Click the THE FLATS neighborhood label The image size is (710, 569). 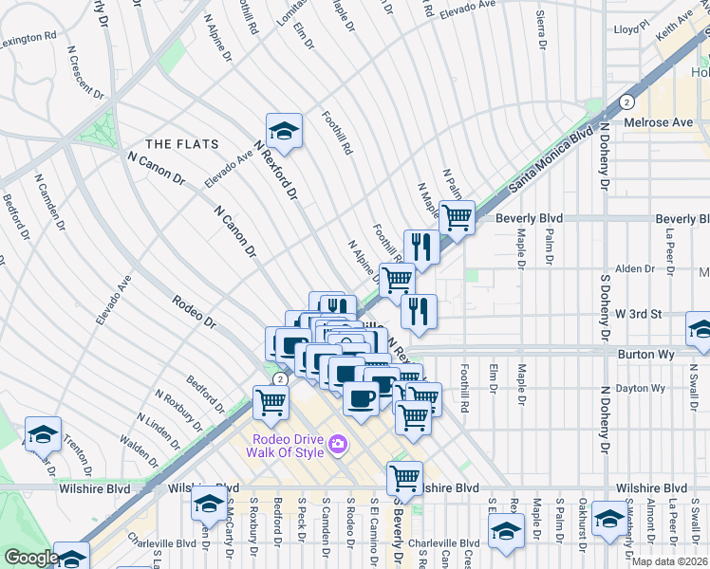click(x=181, y=144)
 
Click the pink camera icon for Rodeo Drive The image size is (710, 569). click(x=337, y=443)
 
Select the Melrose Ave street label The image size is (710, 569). click(x=658, y=122)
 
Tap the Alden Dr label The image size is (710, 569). click(x=629, y=269)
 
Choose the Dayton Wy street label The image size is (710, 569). click(x=640, y=388)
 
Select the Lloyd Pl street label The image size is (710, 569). click(x=629, y=29)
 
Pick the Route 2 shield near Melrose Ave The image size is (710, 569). click(x=626, y=101)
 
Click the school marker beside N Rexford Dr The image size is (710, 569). click(x=284, y=130)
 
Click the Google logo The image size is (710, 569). click(x=30, y=558)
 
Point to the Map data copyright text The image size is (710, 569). click(x=669, y=561)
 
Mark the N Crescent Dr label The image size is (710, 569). click(x=85, y=74)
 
